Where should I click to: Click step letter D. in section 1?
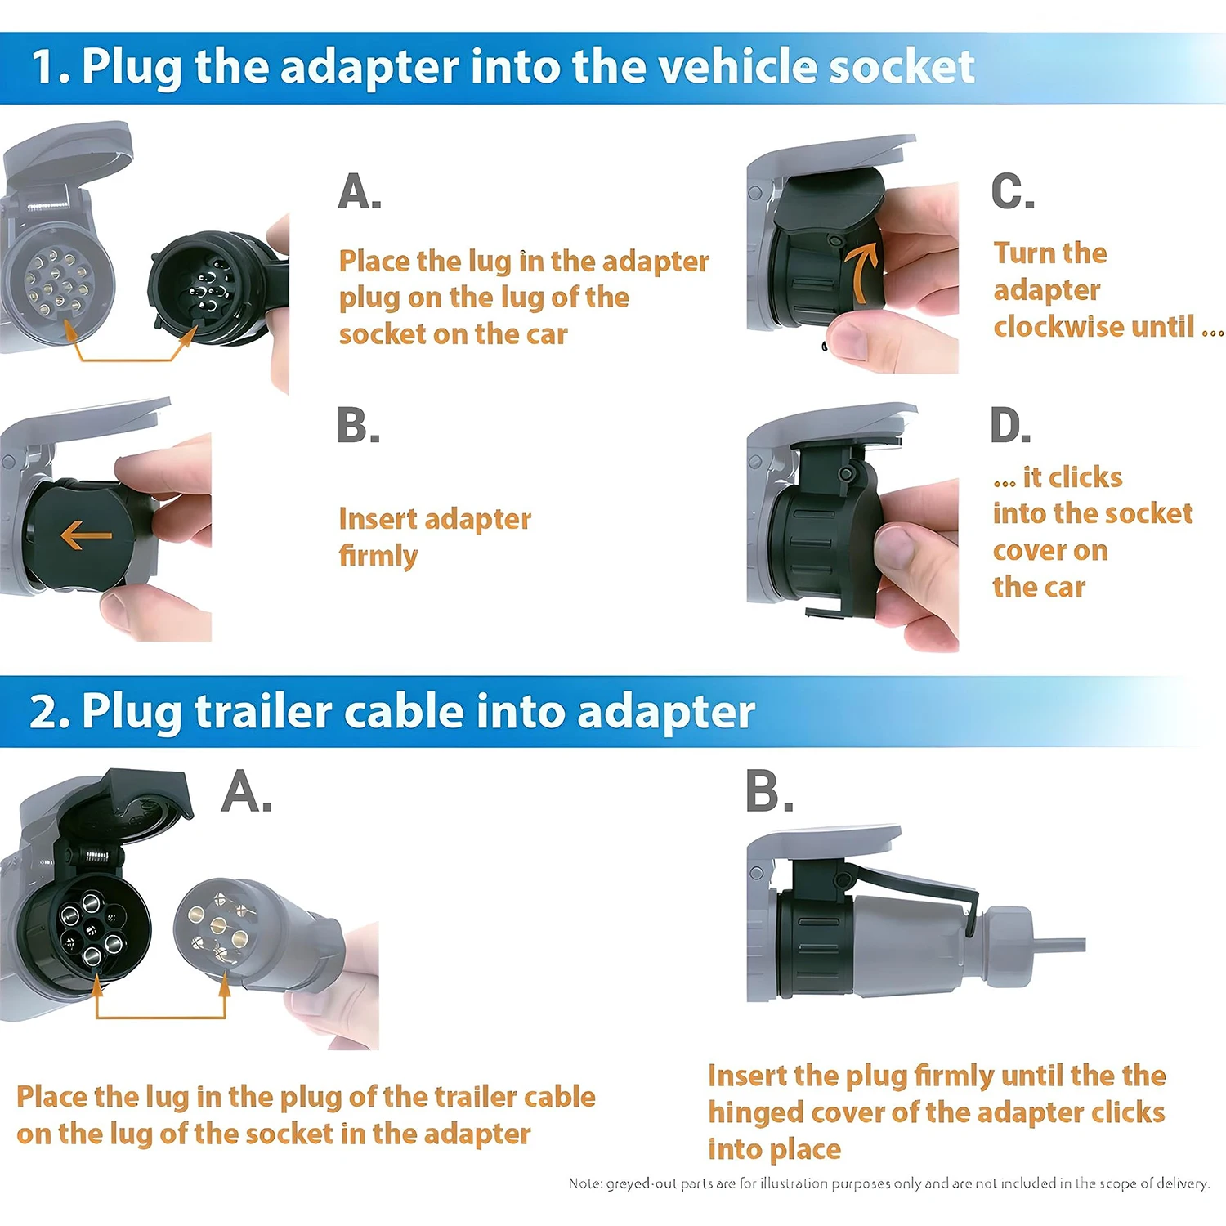pos(1010,426)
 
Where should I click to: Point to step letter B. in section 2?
pos(768,792)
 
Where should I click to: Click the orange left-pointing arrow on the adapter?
pos(86,536)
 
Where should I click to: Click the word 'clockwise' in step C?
pos(1093,327)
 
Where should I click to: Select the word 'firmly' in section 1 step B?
pos(378,556)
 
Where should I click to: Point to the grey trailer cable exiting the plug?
pos(1058,945)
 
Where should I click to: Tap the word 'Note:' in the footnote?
pos(585,1183)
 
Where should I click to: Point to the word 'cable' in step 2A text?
pos(559,1097)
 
